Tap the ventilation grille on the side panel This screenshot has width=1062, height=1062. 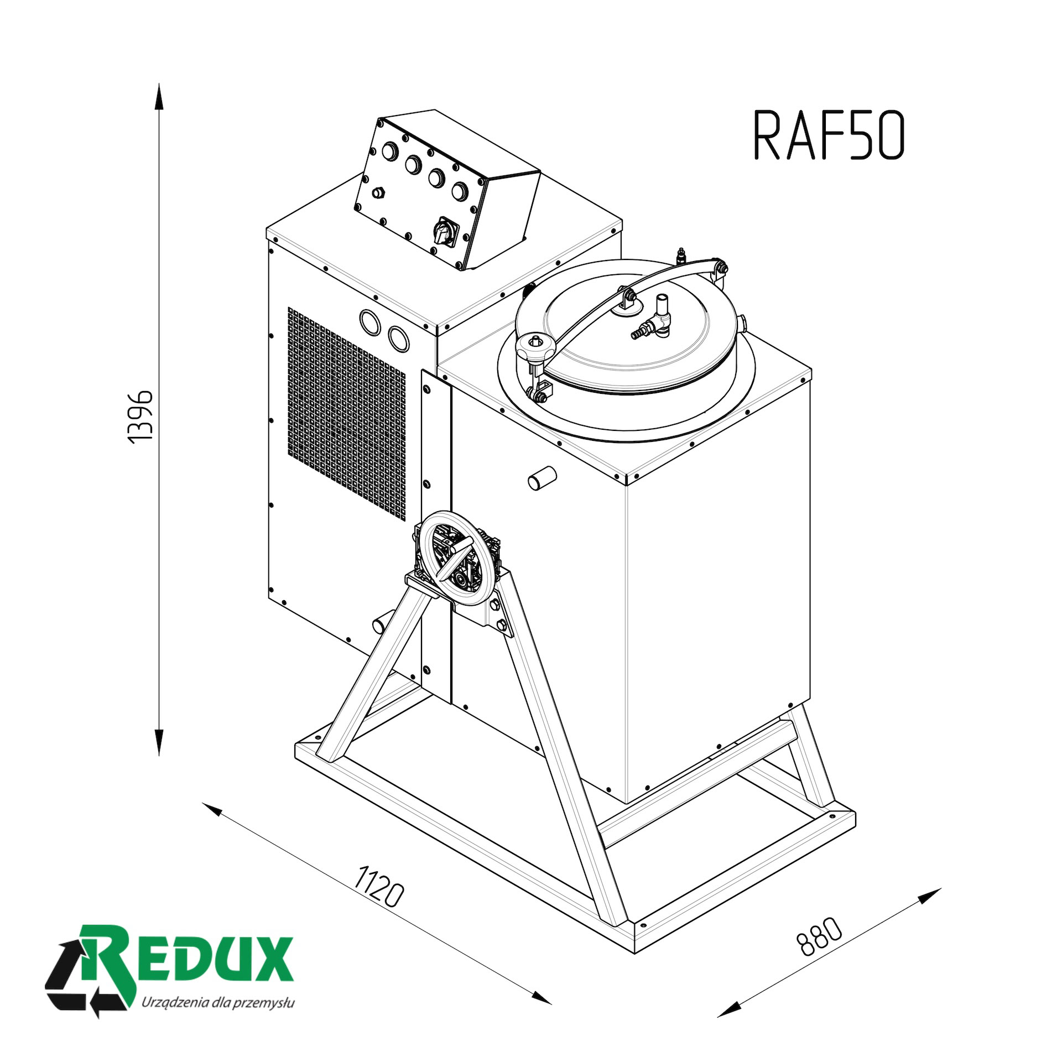[346, 414]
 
